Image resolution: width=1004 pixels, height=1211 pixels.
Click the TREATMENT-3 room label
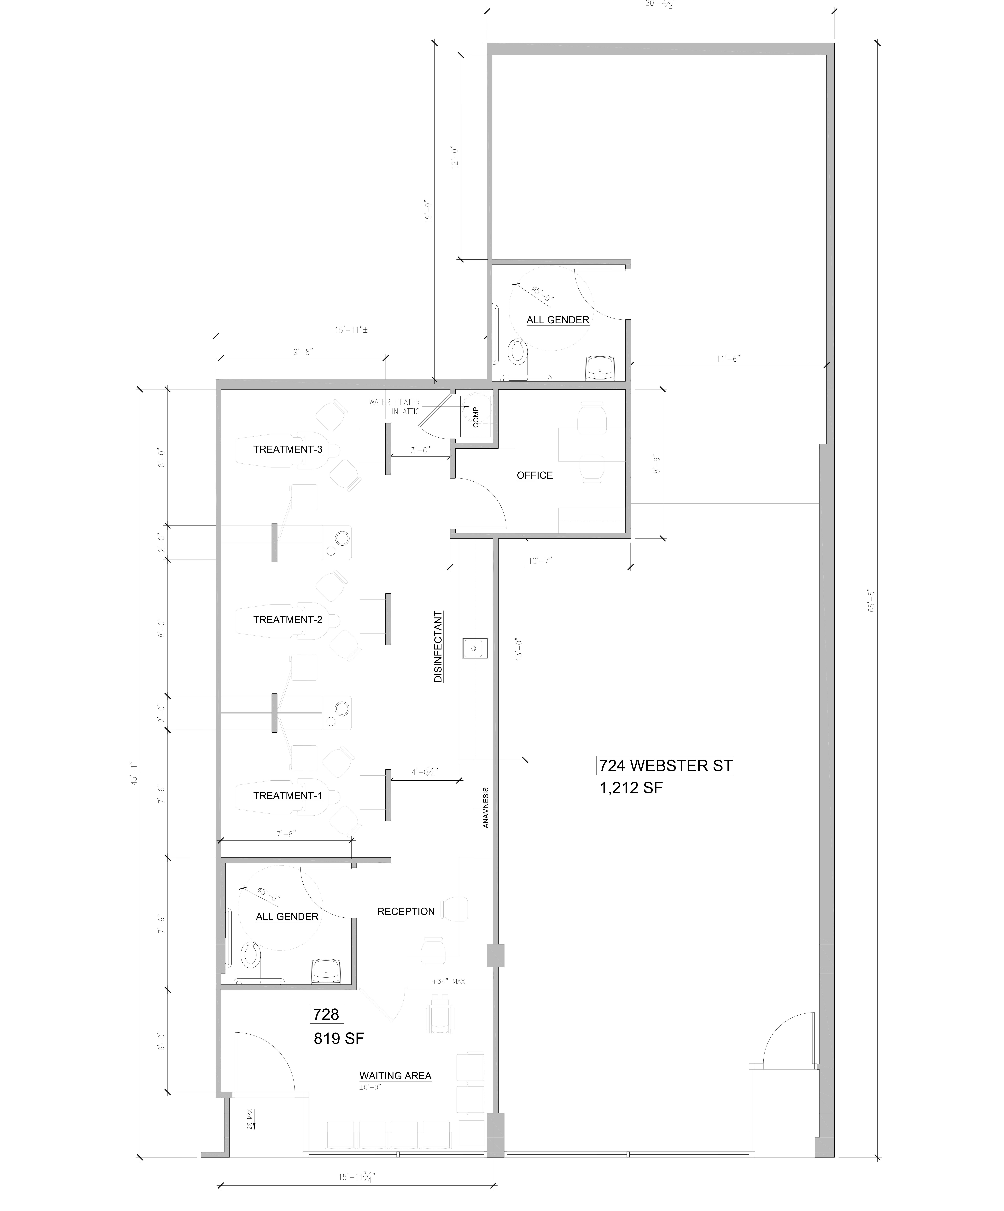(287, 449)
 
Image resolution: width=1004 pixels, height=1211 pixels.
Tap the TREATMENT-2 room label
(287, 620)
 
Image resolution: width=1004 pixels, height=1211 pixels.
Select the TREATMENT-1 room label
(287, 796)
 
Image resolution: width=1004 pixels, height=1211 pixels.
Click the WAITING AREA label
(395, 1076)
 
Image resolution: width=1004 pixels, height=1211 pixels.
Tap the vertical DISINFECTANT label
(439, 647)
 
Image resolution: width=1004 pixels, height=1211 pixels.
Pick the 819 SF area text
(339, 1039)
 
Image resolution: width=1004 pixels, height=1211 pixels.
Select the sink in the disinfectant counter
(474, 648)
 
